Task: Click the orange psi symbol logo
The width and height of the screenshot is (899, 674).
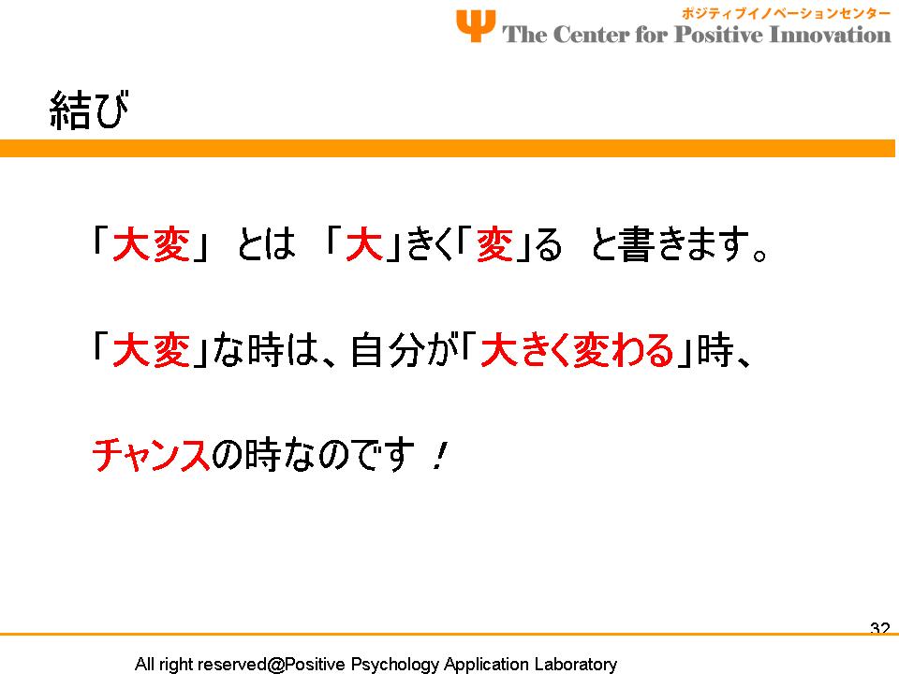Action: pos(476,26)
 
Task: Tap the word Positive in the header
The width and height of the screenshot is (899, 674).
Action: pos(718,35)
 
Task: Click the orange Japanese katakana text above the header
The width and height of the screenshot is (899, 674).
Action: pos(786,13)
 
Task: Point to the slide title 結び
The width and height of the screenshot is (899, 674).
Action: pos(89,110)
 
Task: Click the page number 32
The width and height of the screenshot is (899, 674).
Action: pos(879,628)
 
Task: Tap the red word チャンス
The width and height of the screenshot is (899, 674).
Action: pos(152,455)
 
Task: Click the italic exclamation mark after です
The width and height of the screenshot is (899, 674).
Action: pos(438,456)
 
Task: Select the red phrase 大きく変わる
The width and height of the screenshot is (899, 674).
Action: pos(577,350)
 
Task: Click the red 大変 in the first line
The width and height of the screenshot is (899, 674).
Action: pos(151,244)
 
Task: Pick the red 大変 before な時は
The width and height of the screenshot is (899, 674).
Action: pos(151,350)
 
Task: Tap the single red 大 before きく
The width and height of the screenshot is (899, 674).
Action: pos(364,244)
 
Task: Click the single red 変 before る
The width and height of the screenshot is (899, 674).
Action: pos(494,244)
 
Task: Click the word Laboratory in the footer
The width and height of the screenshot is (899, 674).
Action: pos(575,665)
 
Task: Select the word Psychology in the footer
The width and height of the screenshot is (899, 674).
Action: pos(395,665)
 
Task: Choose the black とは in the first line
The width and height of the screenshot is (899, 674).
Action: pos(266,244)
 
